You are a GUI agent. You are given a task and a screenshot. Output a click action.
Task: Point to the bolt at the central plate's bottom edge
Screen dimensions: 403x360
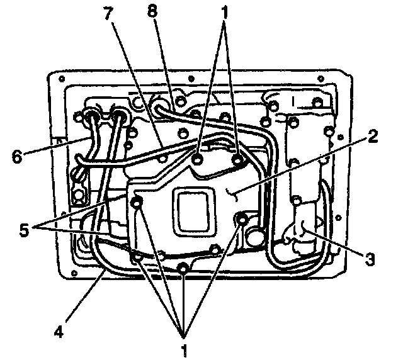(182, 269)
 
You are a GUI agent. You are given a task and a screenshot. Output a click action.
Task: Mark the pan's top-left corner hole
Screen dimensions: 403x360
(62, 79)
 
